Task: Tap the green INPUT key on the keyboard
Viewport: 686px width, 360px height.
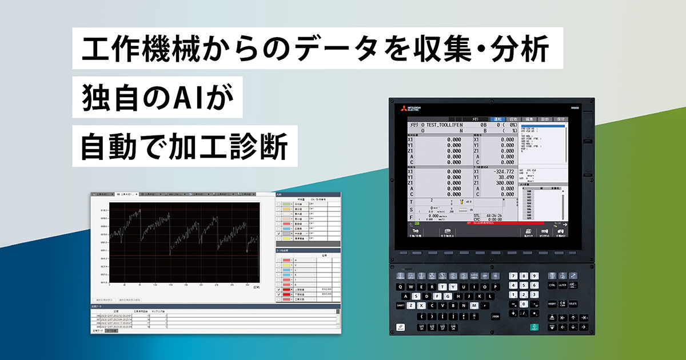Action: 534,327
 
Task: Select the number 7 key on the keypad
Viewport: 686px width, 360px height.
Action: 513,276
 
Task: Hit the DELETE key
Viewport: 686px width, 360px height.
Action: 573,303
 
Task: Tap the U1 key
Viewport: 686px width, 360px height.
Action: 422,327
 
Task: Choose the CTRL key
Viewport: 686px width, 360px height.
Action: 552,285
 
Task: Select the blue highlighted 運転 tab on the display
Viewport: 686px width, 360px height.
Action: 498,119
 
